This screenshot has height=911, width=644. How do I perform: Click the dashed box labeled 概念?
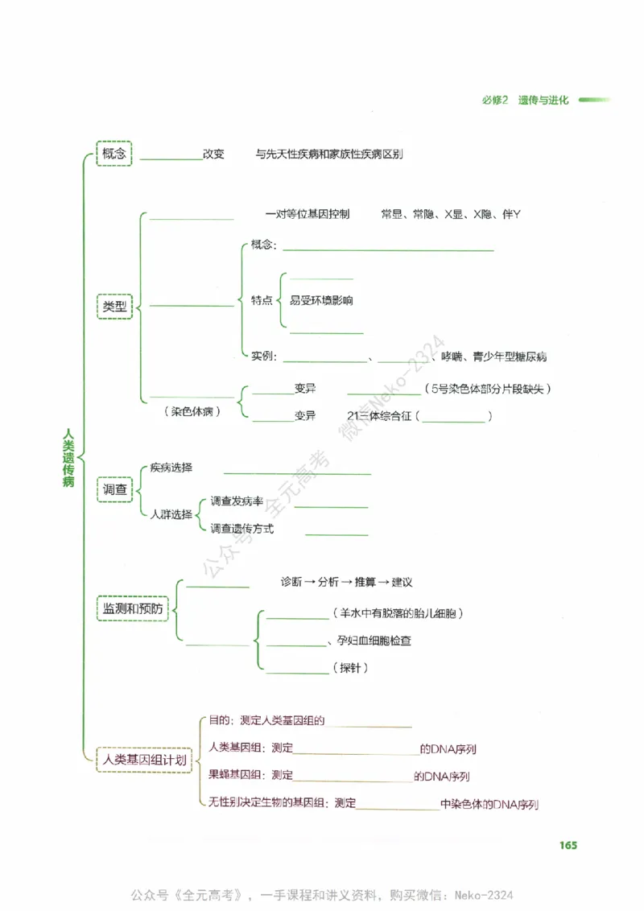[x=114, y=153]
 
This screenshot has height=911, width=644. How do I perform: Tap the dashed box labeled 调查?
[x=114, y=488]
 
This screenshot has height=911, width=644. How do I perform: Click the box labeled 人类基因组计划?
[x=143, y=759]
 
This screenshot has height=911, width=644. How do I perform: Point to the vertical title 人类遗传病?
[x=69, y=456]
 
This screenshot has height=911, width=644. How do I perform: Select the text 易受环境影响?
[x=321, y=301]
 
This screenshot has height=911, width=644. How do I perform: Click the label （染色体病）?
[x=192, y=410]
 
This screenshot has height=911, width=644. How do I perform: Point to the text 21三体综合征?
[x=379, y=416]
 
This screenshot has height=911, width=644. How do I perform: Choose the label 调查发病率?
[x=237, y=501]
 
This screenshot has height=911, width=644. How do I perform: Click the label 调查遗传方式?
[x=242, y=529]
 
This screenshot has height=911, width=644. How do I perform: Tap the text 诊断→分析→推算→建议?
[x=346, y=582]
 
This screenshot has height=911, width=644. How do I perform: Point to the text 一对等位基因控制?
[x=307, y=215]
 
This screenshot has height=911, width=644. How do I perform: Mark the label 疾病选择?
[x=171, y=468]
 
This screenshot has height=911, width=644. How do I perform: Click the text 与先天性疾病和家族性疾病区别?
[x=328, y=154]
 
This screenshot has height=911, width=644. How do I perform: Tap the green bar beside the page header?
[x=594, y=101]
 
